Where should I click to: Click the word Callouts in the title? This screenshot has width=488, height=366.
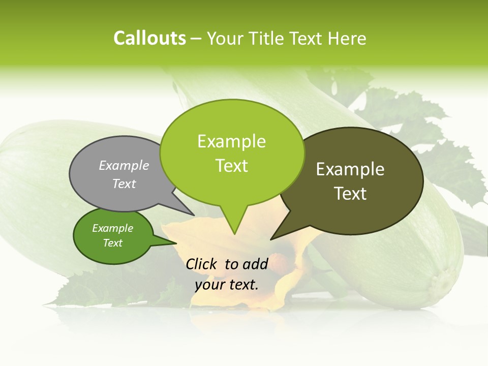coord(149,38)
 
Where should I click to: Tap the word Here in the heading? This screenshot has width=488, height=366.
coord(347,38)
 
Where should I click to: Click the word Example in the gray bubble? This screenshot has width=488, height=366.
coord(124,165)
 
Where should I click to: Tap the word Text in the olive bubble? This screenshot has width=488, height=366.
coord(350,194)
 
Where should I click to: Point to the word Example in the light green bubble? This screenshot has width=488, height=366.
coord(231,141)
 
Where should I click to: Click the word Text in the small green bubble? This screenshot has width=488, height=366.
coord(112,243)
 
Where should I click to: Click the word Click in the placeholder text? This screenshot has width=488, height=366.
coord(202,264)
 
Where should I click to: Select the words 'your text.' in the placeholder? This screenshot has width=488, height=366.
coord(227,285)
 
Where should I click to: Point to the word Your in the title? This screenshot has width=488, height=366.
coord(225,38)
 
